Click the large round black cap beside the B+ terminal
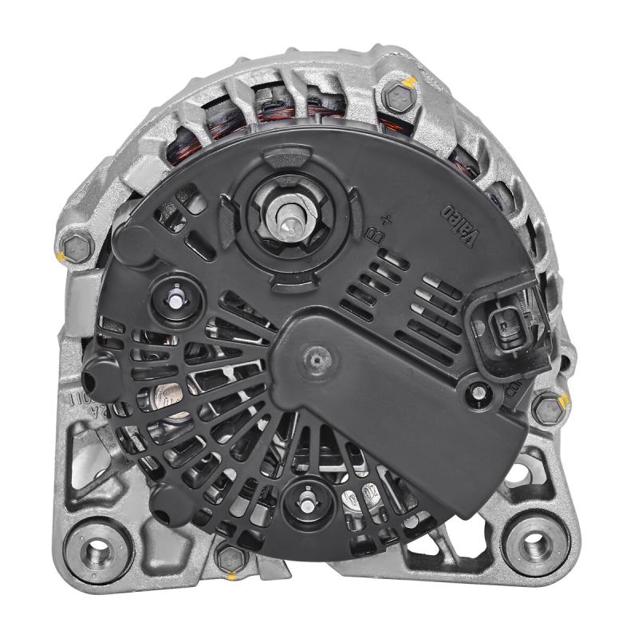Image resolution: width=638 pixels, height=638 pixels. [132, 244]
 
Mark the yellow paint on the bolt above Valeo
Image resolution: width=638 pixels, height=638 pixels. [409, 82]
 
